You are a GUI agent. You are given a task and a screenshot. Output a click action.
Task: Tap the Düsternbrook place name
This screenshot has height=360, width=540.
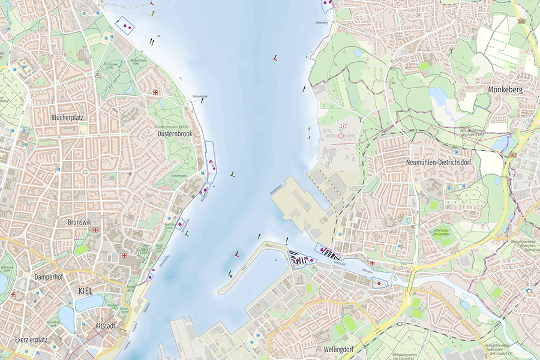(x=175, y=133)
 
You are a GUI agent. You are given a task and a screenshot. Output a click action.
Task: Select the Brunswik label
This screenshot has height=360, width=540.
(x=79, y=221)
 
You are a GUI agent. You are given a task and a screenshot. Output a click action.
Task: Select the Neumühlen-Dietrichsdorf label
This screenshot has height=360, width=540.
(x=440, y=163)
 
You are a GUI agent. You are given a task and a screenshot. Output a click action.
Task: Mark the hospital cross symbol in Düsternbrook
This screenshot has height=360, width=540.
(x=156, y=92)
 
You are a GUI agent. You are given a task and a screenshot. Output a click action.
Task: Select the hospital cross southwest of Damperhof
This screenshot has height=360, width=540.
(x=13, y=295)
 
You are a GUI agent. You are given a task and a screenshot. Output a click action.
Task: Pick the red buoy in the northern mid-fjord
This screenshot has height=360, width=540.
(x=275, y=58)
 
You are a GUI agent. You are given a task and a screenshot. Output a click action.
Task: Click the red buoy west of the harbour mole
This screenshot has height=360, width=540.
(x=237, y=254)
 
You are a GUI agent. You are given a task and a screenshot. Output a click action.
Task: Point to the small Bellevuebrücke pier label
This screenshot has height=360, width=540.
(x=199, y=96)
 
